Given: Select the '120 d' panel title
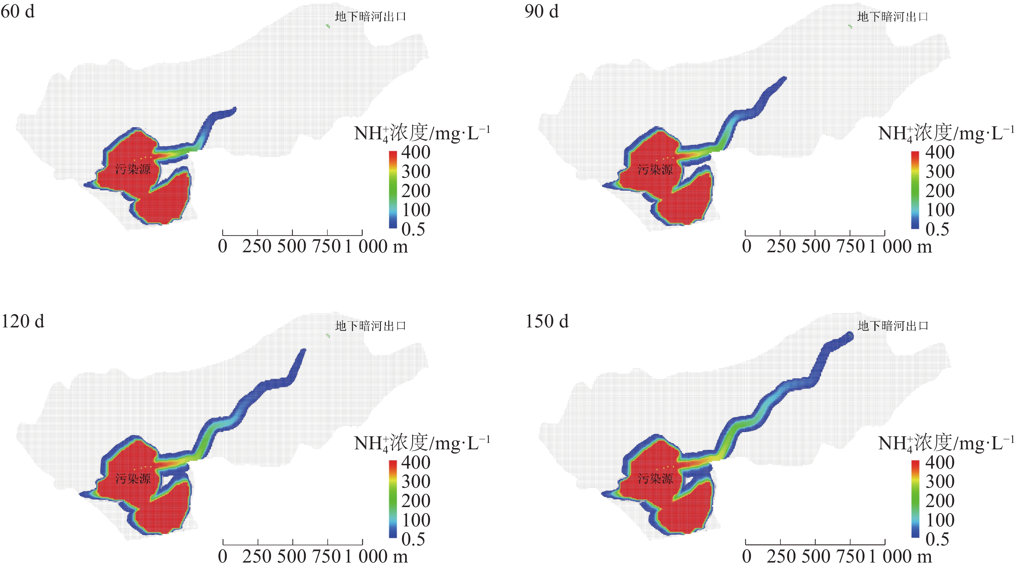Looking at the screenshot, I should pos(23,321).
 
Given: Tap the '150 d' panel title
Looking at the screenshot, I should pos(547,321).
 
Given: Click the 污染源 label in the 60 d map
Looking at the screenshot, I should pos(133,170).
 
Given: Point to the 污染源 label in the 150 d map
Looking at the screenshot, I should pos(655,479).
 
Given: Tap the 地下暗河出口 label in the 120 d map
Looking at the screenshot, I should pos(370,326).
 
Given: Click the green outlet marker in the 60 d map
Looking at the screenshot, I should pos(328,26).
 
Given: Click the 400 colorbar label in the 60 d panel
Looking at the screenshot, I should pos(416,152).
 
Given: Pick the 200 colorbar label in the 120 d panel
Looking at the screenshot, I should pos(416,501).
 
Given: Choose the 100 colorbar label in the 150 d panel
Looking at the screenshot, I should pos(940,520).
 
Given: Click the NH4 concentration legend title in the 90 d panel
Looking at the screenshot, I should pos(946,133).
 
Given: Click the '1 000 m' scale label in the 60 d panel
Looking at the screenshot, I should pos(377,247).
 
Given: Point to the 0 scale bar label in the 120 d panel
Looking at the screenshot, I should pos(223,556).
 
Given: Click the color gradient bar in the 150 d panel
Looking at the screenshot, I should pos(915,499).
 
